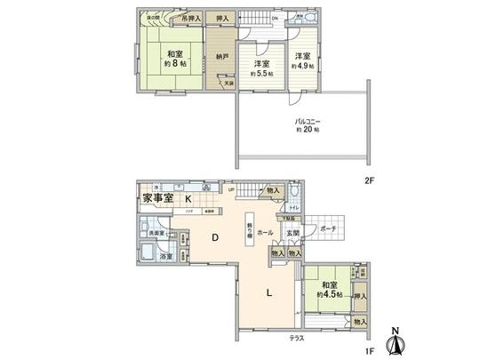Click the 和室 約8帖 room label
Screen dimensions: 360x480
coord(174,60)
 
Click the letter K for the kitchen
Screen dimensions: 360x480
coord(188,199)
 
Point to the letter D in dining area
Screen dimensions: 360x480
coord(214,237)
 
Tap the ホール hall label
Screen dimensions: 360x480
coord(265,233)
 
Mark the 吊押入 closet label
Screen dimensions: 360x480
coord(189,19)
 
